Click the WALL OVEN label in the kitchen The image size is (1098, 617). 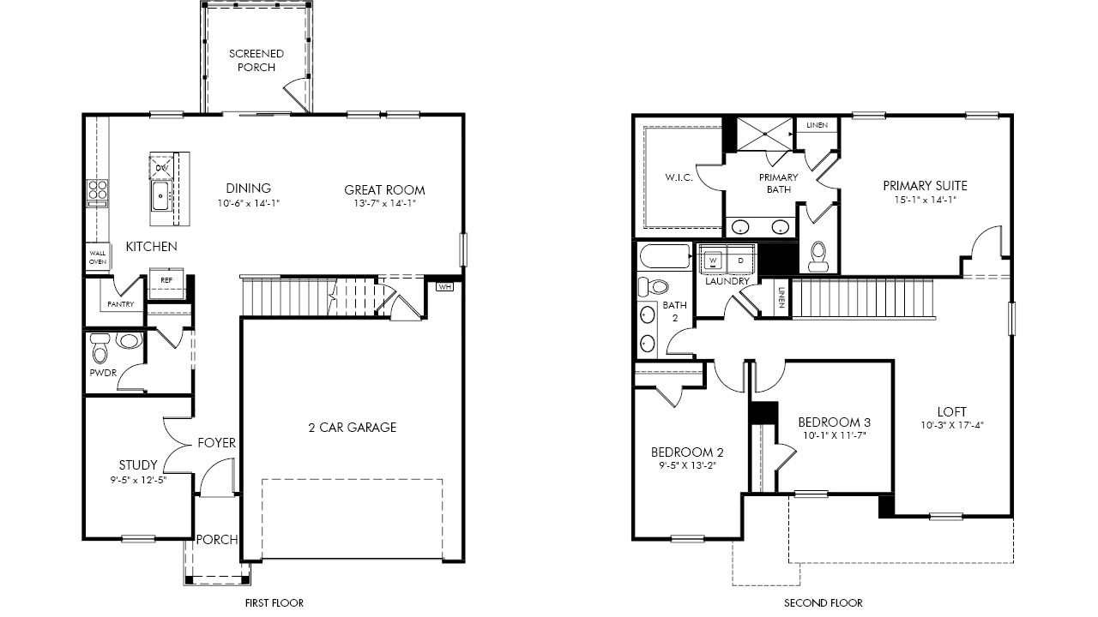(98, 258)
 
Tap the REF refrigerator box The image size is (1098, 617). (166, 283)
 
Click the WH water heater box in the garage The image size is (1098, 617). (444, 286)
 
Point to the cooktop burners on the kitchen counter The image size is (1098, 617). (98, 193)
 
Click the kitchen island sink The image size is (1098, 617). (160, 196)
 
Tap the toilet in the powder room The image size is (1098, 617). (100, 347)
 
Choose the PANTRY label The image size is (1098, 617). (121, 304)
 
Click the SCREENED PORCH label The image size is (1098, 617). (256, 60)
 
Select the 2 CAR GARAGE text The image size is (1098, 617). (353, 428)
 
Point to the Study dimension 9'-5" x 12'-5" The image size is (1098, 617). (139, 480)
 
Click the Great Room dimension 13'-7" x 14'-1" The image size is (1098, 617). (385, 203)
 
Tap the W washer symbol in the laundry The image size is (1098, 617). (713, 261)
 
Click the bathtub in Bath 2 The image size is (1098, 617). (665, 256)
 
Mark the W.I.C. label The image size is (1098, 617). (679, 177)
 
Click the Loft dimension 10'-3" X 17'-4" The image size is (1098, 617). (952, 425)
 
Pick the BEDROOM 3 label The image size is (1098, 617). (835, 422)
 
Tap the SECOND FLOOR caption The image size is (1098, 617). (823, 602)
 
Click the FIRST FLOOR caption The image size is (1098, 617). (274, 602)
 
